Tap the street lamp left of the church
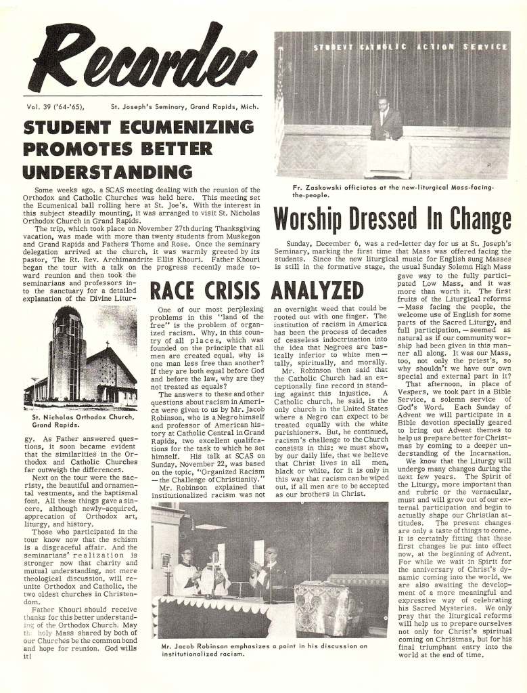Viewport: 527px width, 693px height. (34, 390)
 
